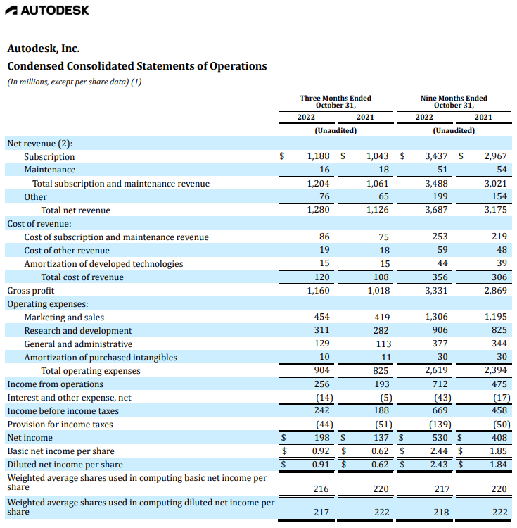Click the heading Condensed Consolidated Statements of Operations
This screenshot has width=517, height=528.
(137, 66)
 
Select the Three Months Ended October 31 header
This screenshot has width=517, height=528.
(336, 101)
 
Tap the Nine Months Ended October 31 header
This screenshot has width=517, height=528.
(453, 101)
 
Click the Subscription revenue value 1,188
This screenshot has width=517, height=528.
(319, 156)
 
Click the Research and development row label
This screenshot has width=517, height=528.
(78, 330)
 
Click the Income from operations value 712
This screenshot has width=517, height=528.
(441, 384)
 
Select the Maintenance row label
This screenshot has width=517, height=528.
(50, 170)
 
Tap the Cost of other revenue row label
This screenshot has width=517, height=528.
(67, 250)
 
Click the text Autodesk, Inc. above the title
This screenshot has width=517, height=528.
(44, 49)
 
